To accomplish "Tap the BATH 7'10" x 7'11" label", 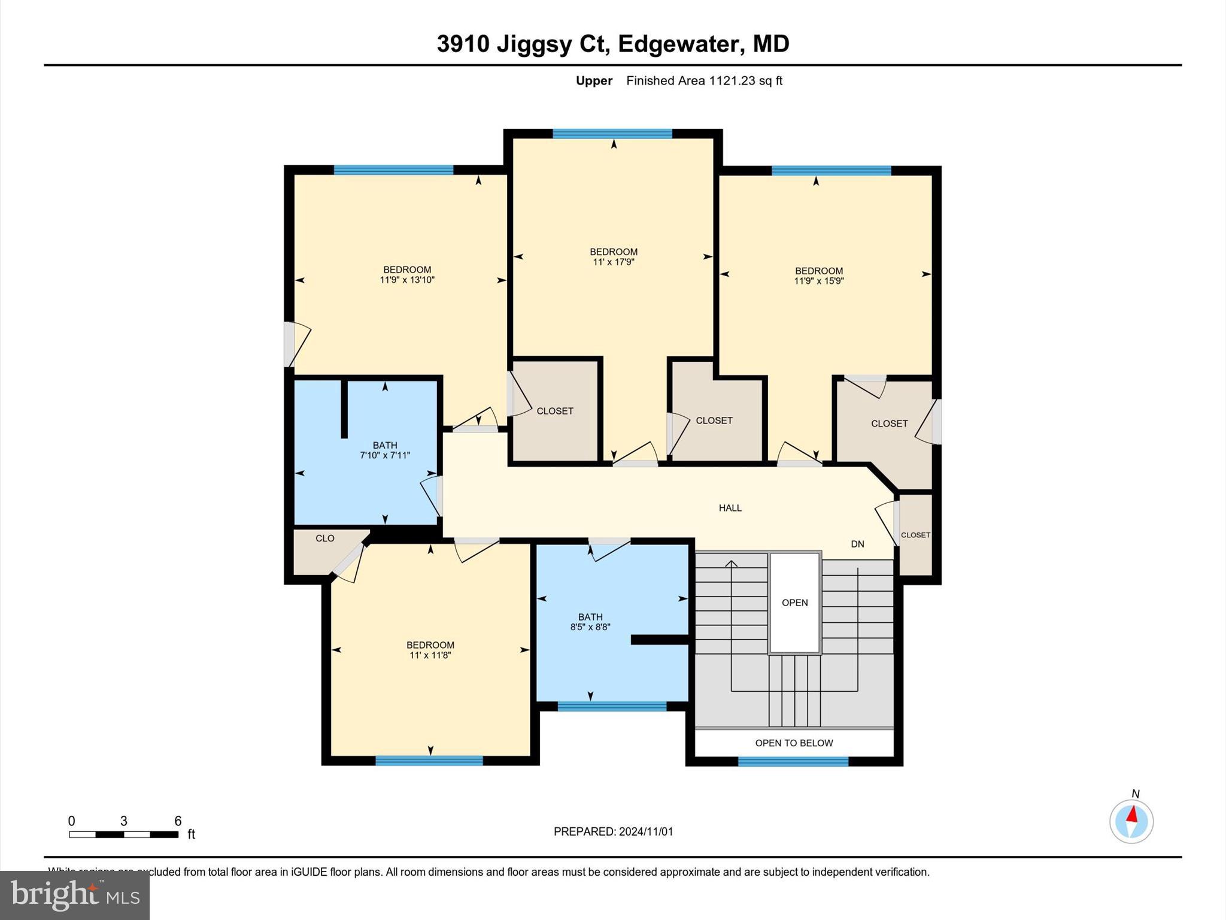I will pyautogui.click(x=384, y=450).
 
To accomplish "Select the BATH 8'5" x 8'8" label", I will pyautogui.click(x=590, y=622).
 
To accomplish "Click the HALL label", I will pyautogui.click(x=730, y=508).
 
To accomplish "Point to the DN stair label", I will pyautogui.click(x=857, y=544).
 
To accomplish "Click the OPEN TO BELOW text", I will pyautogui.click(x=794, y=743).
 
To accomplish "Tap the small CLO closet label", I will pyautogui.click(x=324, y=538).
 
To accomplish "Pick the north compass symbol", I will pyautogui.click(x=1131, y=821).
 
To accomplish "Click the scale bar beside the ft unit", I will pyautogui.click(x=123, y=834).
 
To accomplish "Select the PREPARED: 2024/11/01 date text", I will pyautogui.click(x=613, y=831).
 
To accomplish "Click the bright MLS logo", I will pyautogui.click(x=75, y=895).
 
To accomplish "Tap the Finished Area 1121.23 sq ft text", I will pyautogui.click(x=704, y=81).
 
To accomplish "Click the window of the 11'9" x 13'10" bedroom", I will pyautogui.click(x=393, y=170).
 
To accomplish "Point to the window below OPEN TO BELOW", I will pyautogui.click(x=793, y=761).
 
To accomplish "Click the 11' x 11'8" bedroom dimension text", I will pyautogui.click(x=430, y=655).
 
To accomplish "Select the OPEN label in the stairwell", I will pyautogui.click(x=794, y=603).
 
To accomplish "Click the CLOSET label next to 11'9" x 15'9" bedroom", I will pyautogui.click(x=889, y=423).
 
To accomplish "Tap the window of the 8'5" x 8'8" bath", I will pyautogui.click(x=612, y=706).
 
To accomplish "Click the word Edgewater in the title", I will pyautogui.click(x=681, y=44).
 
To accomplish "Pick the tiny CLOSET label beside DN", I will pyautogui.click(x=915, y=535).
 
